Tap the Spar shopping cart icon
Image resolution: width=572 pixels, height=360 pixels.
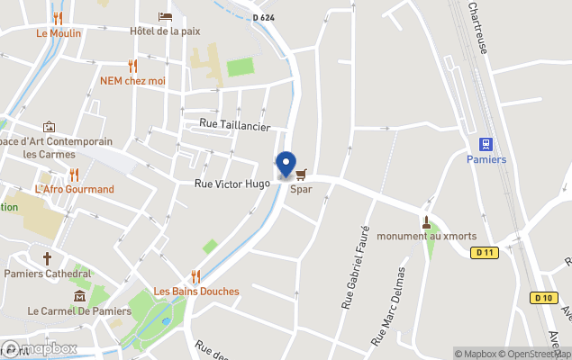pyautogui.click(x=301, y=174)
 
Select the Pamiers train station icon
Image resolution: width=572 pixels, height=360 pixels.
pyautogui.click(x=486, y=144)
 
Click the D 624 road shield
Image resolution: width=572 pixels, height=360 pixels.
pyautogui.click(x=263, y=17)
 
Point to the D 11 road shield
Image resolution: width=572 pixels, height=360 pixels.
pyautogui.click(x=485, y=253)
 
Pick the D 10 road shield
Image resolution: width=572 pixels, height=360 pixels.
pyautogui.click(x=541, y=298)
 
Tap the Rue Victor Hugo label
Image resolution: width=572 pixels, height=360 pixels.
pyautogui.click(x=232, y=184)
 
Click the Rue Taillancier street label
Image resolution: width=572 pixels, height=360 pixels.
pyautogui.click(x=234, y=127)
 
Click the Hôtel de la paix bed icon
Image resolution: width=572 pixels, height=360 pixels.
pyautogui.click(x=165, y=17)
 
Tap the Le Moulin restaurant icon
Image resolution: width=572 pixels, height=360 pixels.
pyautogui.click(x=59, y=18)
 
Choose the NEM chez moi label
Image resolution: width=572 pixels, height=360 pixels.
pyautogui.click(x=133, y=80)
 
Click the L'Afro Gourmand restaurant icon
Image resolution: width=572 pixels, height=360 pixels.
pyautogui.click(x=74, y=175)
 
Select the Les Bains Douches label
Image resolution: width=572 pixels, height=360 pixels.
pyautogui.click(x=196, y=291)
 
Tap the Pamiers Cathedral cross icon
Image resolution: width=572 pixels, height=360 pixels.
pyautogui.click(x=48, y=258)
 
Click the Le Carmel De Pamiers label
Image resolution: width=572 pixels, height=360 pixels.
pyautogui.click(x=79, y=311)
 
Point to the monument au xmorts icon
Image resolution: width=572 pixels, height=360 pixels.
pyautogui.click(x=426, y=221)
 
